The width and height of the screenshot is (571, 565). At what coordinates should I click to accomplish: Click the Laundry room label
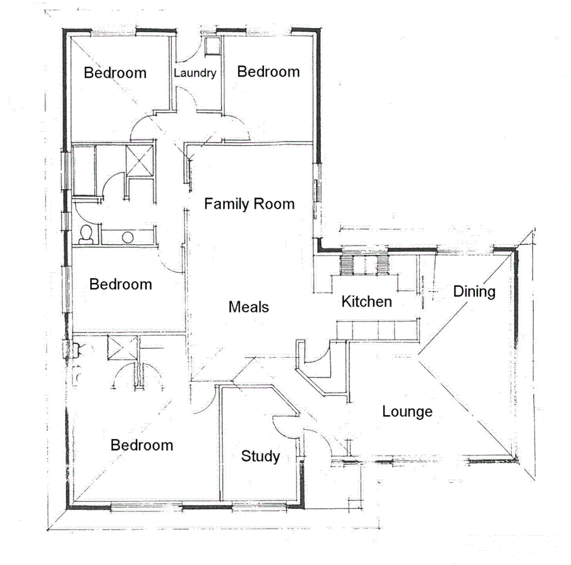tap(195, 73)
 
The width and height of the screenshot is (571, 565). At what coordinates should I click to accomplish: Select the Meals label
tap(249, 307)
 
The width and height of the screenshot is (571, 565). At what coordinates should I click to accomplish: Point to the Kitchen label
tap(366, 301)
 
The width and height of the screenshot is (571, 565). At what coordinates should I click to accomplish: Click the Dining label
tap(474, 291)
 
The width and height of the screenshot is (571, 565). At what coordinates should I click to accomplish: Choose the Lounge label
tap(407, 412)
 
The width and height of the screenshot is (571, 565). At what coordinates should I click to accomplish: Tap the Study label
tap(260, 456)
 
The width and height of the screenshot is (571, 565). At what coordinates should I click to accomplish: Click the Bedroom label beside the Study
tap(142, 445)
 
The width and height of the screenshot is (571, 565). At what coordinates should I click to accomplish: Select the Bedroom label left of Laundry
tap(115, 73)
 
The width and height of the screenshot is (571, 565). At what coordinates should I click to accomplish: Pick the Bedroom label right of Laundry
tap(268, 72)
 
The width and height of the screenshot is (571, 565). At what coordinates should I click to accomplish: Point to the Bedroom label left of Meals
tap(121, 285)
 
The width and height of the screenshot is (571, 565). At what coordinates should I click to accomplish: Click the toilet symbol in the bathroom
tap(86, 235)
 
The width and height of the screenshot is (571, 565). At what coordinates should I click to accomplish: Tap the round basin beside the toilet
tap(127, 237)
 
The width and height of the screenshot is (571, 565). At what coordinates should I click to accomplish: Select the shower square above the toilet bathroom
tap(139, 160)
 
